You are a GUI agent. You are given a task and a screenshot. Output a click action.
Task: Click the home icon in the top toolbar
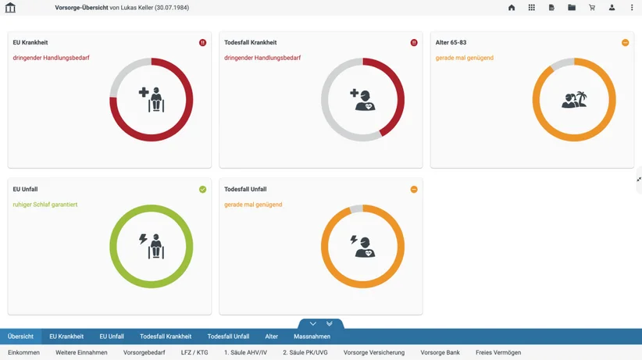click(512, 7)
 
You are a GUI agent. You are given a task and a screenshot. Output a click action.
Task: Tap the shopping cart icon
click(592, 7)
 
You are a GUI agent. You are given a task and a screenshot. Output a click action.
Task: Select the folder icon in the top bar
click(572, 7)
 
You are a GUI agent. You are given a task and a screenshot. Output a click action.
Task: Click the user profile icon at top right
click(612, 7)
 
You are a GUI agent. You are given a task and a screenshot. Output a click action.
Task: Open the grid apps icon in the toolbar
click(531, 7)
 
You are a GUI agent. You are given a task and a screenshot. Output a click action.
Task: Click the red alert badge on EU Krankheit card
click(202, 43)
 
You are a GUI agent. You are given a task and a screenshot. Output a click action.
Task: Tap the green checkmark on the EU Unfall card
click(202, 189)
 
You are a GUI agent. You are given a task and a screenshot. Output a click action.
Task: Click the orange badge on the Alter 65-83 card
click(626, 43)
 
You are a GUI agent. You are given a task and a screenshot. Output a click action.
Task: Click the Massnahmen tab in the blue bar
click(312, 337)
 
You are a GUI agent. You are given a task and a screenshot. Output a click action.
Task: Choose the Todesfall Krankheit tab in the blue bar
click(166, 337)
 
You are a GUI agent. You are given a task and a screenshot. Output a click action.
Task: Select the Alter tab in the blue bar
click(272, 337)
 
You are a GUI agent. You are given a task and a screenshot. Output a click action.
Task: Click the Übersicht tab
click(20, 337)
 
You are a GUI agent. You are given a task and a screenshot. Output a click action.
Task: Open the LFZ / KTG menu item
click(194, 352)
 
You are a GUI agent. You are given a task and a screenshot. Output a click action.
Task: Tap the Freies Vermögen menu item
click(498, 352)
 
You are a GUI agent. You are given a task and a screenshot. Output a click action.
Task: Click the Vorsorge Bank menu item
click(440, 352)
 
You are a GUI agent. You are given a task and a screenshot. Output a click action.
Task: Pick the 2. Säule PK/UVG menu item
click(305, 352)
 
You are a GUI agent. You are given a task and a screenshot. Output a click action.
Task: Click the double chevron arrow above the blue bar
click(329, 323)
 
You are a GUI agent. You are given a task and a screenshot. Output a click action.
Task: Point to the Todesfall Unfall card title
click(245, 189)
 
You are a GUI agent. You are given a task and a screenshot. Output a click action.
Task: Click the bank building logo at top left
click(10, 7)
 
